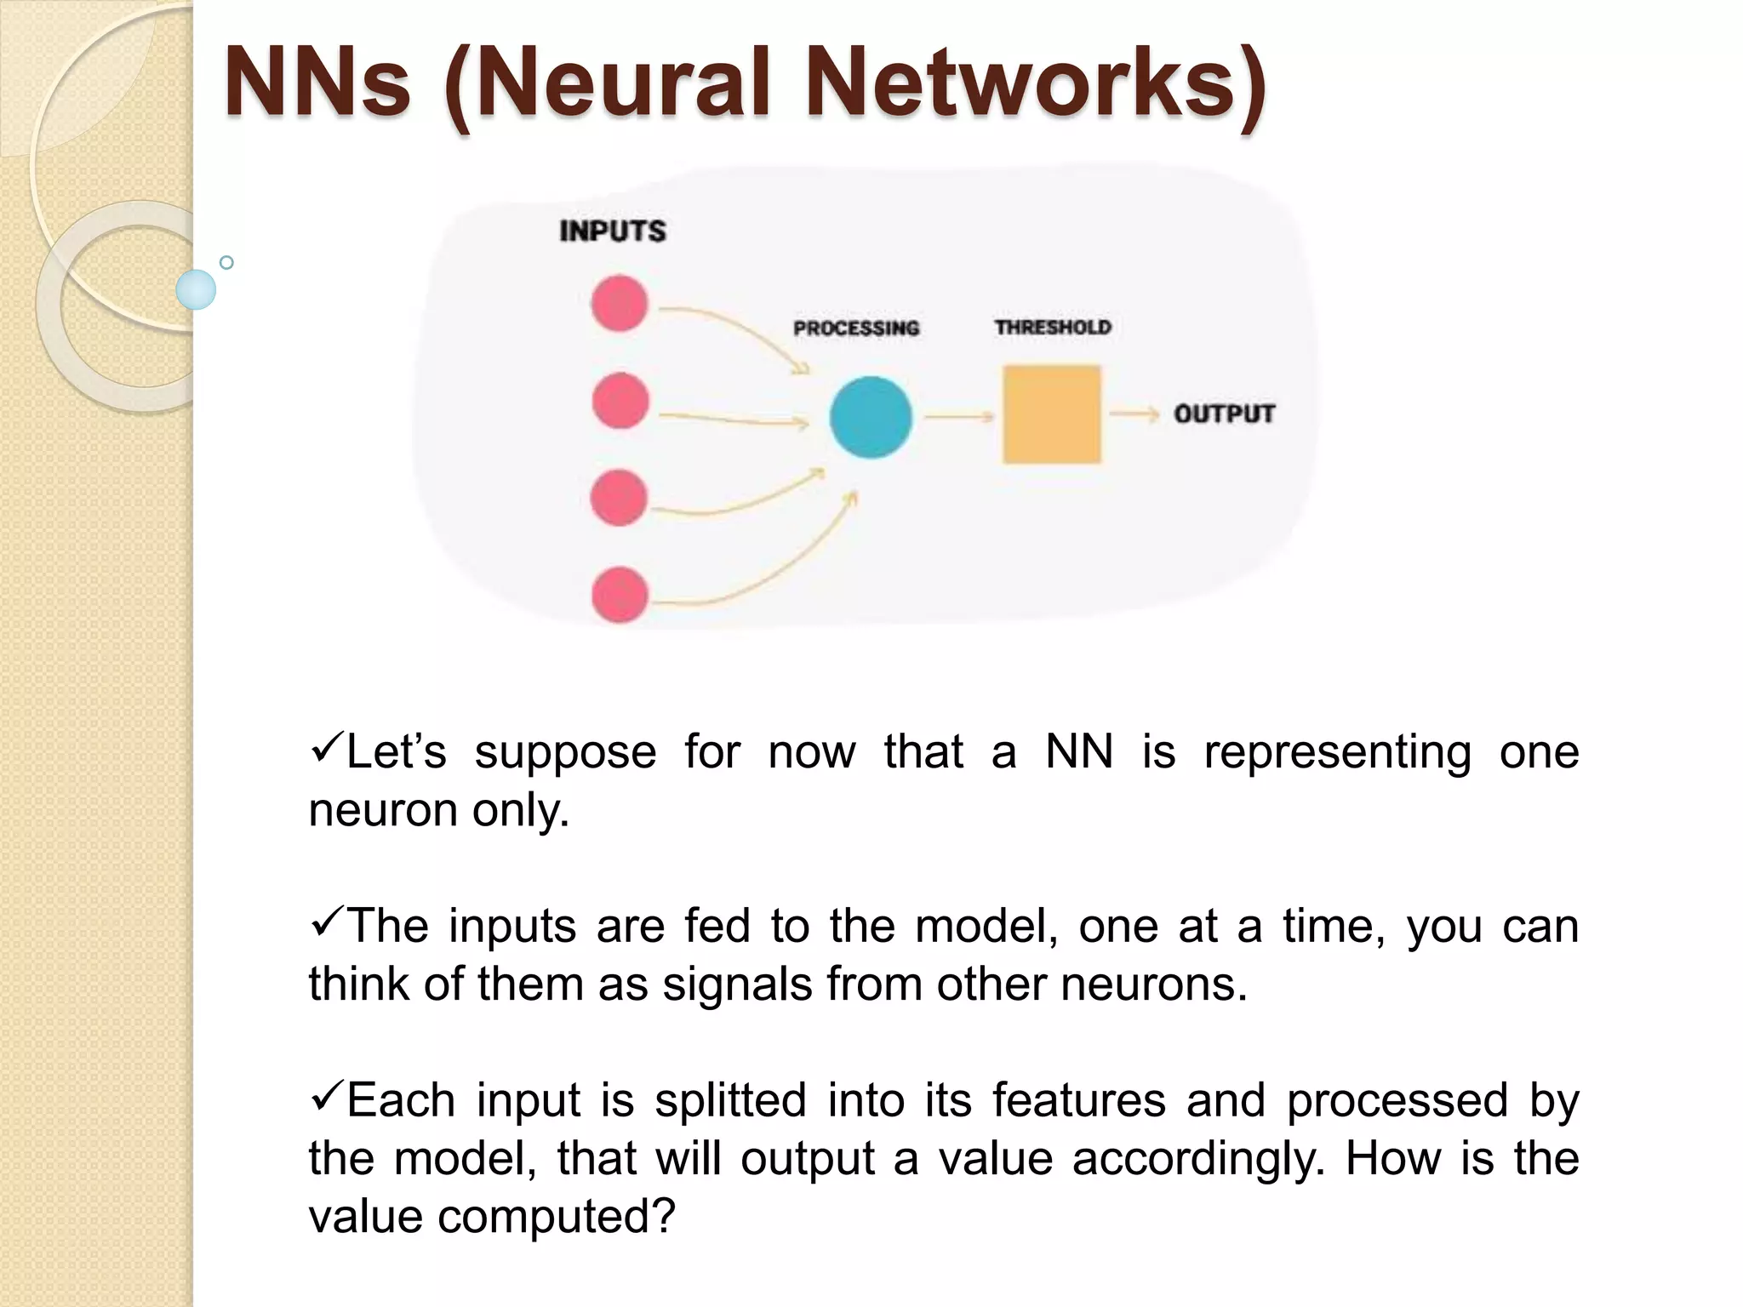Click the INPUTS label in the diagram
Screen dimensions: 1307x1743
tap(612, 231)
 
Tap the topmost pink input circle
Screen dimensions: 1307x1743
tap(620, 303)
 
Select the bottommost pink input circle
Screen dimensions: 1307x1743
tap(620, 595)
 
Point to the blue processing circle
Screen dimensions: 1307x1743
tap(870, 417)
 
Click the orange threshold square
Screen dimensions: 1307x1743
tap(1051, 414)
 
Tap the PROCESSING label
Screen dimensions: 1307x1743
tap(856, 328)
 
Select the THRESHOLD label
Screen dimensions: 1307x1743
tap(1053, 328)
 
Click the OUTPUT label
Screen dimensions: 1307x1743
tap(1224, 414)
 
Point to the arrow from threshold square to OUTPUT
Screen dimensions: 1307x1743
tap(1134, 414)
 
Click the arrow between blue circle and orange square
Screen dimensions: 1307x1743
tap(959, 416)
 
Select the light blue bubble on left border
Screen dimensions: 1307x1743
tap(196, 289)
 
